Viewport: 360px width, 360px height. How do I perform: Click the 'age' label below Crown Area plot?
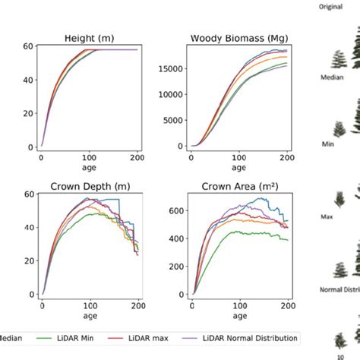coord(239,315)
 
